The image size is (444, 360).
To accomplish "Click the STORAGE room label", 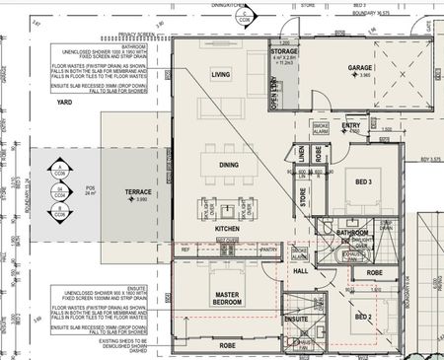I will point(286,52).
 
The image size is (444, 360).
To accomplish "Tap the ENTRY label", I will point(351,125).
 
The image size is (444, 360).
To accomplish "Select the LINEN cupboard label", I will point(302,154).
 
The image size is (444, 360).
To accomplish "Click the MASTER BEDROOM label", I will point(228,299).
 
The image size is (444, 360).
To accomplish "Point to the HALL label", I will point(301,270).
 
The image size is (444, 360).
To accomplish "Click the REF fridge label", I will point(185,251).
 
